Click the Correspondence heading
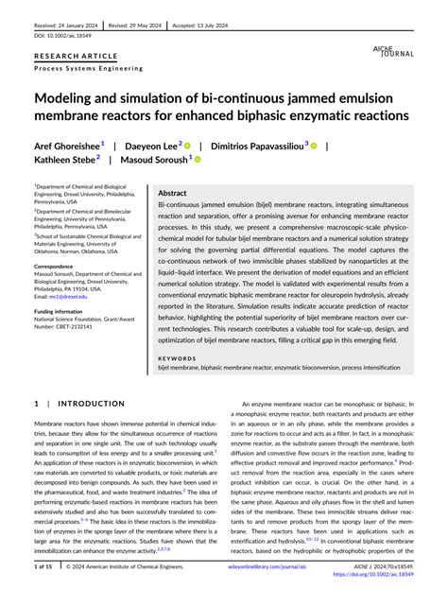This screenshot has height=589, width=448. [59, 267]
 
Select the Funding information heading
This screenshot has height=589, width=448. [64, 309]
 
